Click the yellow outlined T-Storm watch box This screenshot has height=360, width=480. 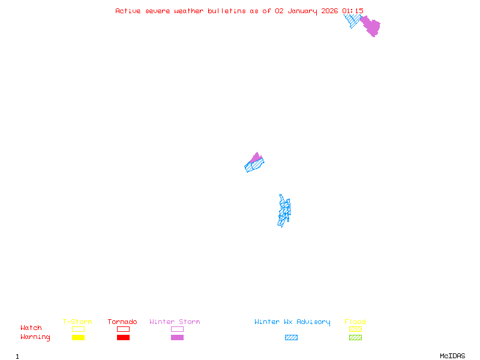[78, 329]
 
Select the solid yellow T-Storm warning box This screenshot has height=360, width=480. [78, 337]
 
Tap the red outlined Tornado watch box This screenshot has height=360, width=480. [123, 329]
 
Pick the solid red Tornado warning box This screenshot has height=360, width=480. [123, 337]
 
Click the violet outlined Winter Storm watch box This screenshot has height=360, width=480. [177, 329]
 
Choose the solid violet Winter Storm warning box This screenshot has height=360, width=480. [177, 337]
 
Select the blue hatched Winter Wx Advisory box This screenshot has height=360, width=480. [291, 337]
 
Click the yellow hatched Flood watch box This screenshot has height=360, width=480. [355, 329]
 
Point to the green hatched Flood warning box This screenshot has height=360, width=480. [355, 337]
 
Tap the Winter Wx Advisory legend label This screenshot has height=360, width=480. [292, 322]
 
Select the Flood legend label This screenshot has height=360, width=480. [355, 322]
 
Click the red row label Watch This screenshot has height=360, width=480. [31, 328]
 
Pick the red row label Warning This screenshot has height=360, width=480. [35, 337]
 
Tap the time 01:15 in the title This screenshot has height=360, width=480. [353, 11]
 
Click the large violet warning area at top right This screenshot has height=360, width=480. [371, 26]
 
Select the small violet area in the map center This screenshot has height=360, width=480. [257, 158]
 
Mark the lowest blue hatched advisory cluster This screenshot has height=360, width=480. [284, 211]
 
